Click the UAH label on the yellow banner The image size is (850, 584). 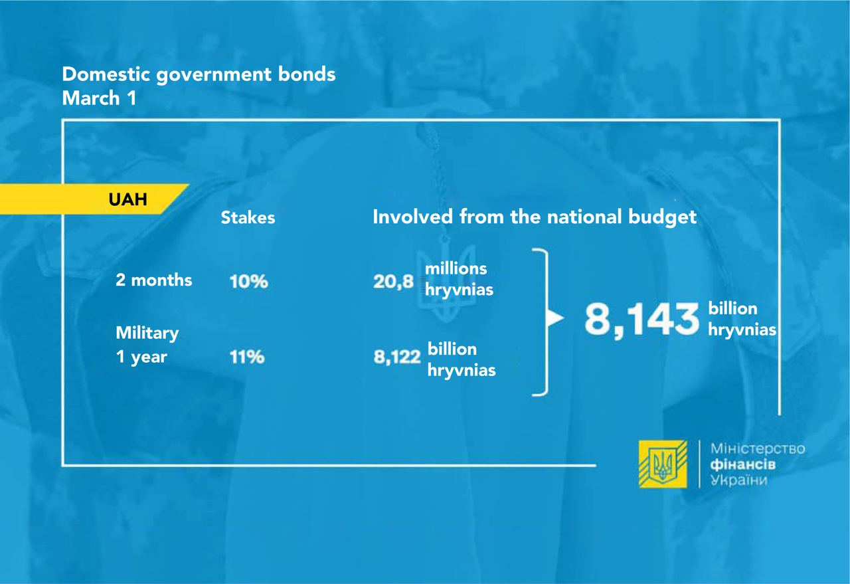coord(128,199)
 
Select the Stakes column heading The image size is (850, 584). coord(248,217)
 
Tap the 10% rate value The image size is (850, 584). coord(248,281)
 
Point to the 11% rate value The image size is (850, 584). coord(247,357)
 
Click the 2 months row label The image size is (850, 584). coord(153,280)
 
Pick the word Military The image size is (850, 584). coord(147,334)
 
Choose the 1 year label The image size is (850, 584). coord(141,357)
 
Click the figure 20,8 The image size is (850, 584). coord(393,282)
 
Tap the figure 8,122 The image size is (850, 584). coord(397,357)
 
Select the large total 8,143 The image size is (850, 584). coord(641,320)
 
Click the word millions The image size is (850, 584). coord(456,269)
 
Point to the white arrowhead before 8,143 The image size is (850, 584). coord(555,318)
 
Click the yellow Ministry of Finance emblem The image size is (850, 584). coord(663,464)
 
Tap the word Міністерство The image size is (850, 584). coord(758,449)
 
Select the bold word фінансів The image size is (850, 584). coord(743,464)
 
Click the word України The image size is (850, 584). coord(739,480)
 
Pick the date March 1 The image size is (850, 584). coord(99,98)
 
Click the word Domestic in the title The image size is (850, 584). coord(106,74)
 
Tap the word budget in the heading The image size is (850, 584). coord(662,217)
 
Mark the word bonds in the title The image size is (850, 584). coord(307,74)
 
